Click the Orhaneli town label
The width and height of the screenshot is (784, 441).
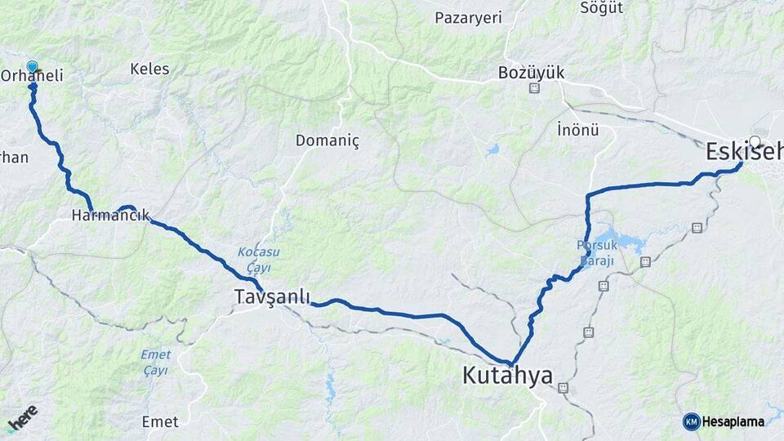[33, 75]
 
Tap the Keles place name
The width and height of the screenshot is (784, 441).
[149, 69]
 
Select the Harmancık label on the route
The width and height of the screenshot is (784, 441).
[110, 216]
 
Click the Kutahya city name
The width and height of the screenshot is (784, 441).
[507, 376]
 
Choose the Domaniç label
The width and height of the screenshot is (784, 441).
[327, 140]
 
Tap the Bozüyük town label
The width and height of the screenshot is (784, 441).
[532, 73]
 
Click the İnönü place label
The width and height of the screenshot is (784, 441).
[577, 130]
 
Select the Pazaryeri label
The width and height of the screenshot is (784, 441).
[468, 18]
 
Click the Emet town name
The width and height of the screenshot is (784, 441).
[160, 421]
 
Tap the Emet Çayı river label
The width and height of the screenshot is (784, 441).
[154, 362]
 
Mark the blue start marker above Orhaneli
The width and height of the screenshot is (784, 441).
[32, 67]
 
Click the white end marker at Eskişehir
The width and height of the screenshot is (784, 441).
[755, 141]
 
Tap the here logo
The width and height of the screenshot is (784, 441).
[23, 416]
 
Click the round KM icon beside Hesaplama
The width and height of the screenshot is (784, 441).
[691, 421]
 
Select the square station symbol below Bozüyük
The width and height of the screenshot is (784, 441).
[534, 88]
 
